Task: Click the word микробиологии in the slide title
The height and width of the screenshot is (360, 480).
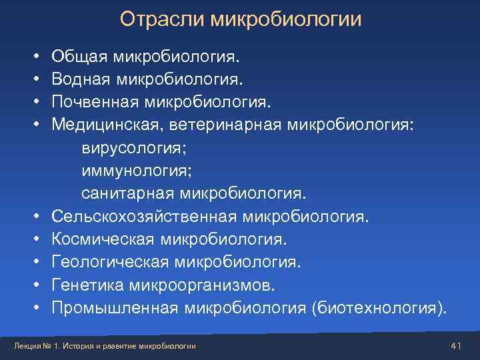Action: (x=286, y=19)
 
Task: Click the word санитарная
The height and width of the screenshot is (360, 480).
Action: (x=126, y=193)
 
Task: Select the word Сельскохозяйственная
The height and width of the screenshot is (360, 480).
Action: (x=144, y=216)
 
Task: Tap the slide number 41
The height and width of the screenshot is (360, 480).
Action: (x=457, y=344)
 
